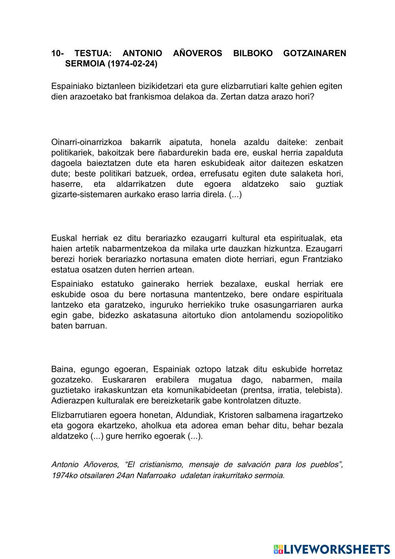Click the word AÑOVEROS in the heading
pyautogui.click(x=198, y=53)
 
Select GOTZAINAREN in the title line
pyautogui.click(x=314, y=53)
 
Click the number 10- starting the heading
pyautogui.click(x=58, y=53)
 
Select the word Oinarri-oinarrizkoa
pyautogui.click(x=85, y=142)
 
